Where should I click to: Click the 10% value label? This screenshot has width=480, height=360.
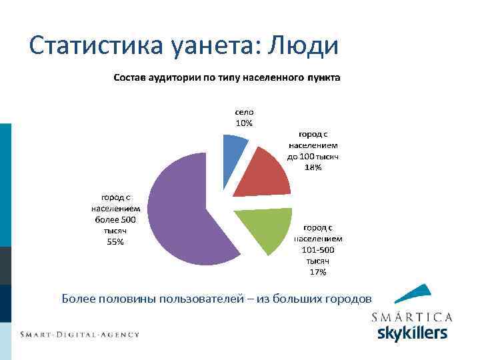[244, 123]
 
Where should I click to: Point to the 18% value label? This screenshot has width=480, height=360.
[313, 167]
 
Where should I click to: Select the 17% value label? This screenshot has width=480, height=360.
[318, 272]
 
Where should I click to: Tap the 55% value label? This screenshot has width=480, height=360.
[115, 242]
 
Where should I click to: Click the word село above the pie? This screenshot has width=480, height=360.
[244, 113]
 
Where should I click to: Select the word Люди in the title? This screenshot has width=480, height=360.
[303, 45]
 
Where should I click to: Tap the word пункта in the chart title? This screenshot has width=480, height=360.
[323, 77]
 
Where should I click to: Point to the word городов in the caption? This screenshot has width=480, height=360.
[349, 298]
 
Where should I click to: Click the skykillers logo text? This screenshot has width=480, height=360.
[412, 333]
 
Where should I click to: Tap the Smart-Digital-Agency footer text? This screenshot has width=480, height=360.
[79, 334]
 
